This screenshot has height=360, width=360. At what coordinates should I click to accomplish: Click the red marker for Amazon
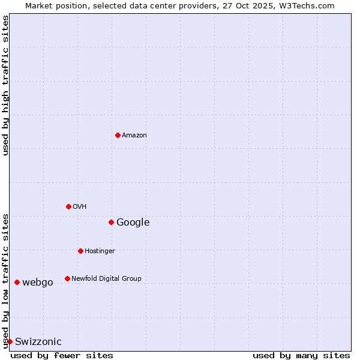(x=118, y=135)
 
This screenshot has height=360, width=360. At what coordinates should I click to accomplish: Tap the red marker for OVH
(x=68, y=206)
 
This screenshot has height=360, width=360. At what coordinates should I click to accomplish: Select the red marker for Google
(x=111, y=222)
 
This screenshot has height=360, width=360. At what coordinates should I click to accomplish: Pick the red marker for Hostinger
(x=80, y=251)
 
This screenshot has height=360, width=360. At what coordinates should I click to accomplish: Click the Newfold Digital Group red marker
(x=67, y=278)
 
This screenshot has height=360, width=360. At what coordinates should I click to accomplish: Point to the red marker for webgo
(x=17, y=282)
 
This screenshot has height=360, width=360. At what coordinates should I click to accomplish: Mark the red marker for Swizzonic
(x=10, y=341)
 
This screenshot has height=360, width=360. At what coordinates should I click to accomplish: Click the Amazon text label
(x=134, y=135)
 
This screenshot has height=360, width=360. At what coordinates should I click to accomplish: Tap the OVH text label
(x=80, y=206)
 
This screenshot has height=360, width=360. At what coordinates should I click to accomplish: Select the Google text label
(x=133, y=222)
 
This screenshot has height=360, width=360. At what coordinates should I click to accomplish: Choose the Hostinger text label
(x=100, y=251)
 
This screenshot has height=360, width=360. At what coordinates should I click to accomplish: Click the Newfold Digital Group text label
(x=106, y=278)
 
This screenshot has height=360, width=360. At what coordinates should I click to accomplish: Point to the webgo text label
(x=37, y=282)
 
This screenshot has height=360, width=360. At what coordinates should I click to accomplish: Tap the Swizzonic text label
(x=38, y=341)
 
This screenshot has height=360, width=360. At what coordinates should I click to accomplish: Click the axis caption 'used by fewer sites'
(x=62, y=355)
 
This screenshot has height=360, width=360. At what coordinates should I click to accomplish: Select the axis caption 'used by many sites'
(x=301, y=355)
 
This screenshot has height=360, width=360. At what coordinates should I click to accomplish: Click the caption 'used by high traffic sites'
(x=5, y=85)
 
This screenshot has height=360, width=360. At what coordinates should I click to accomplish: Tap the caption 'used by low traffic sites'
(x=5, y=280)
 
